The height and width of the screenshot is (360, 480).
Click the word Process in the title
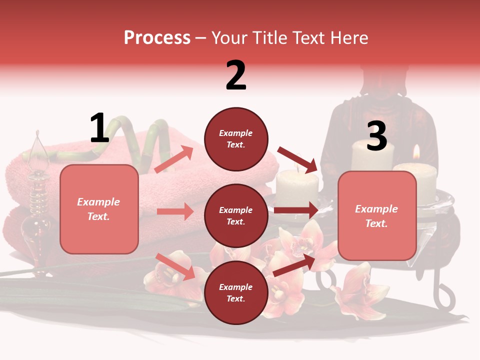tap(157, 38)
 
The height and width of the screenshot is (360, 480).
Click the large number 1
tap(99, 128)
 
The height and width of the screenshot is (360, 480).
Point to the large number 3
tap(376, 136)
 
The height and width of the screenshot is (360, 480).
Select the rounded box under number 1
tap(99, 209)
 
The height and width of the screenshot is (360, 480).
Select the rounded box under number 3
tap(377, 216)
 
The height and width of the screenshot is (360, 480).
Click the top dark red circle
tap(236, 139)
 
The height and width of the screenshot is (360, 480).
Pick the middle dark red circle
tap(236, 215)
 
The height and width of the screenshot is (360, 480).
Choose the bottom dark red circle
tap(236, 292)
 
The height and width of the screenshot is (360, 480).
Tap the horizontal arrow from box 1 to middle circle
tap(175, 211)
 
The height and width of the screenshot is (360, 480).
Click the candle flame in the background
tap(416, 152)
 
